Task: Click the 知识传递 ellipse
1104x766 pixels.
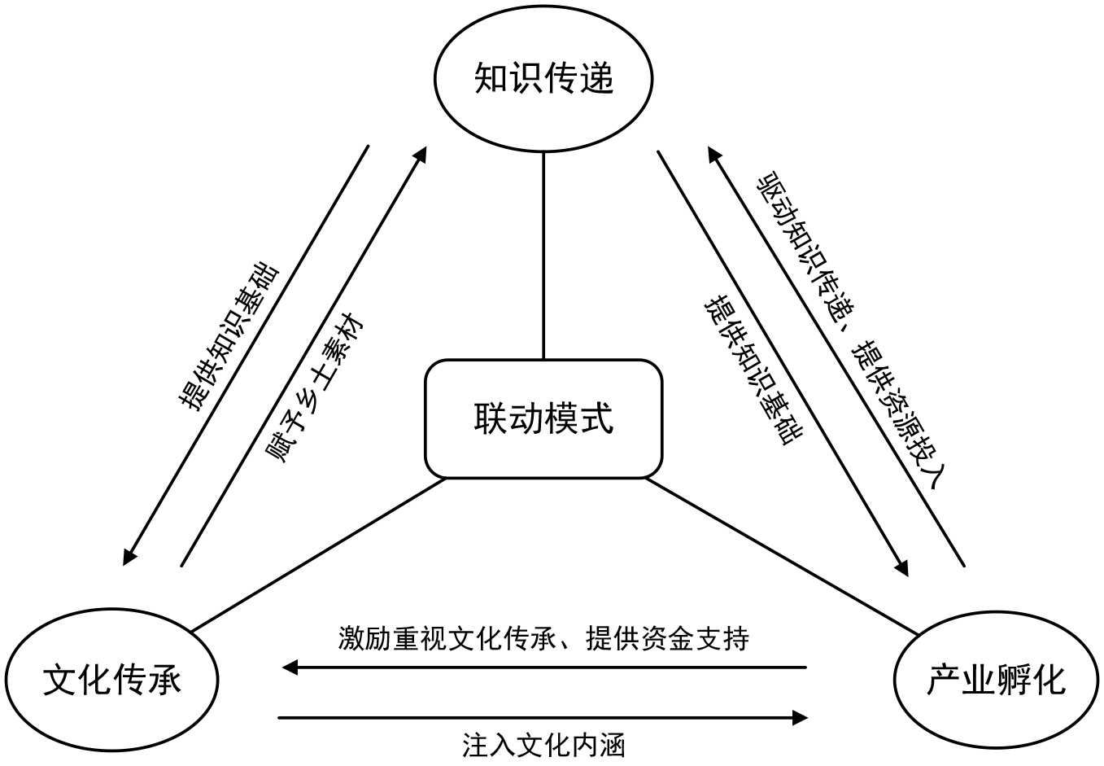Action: coord(543,79)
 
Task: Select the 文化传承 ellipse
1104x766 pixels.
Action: coord(111,679)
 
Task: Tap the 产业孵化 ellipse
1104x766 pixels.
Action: coord(996,679)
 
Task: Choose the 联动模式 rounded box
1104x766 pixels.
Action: coord(543,418)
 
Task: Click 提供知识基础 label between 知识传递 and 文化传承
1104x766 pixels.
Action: coord(229,335)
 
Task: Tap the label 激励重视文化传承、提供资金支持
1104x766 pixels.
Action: coord(543,638)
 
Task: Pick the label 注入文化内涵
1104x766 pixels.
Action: coord(543,745)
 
